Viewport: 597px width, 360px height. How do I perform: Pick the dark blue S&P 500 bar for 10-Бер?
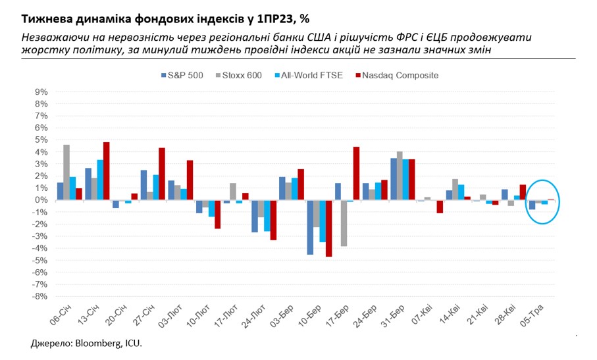[310, 227]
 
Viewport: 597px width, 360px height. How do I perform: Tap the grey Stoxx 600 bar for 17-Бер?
[344, 223]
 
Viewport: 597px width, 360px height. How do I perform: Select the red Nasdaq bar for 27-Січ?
[162, 174]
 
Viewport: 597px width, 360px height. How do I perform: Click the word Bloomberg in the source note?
[95, 344]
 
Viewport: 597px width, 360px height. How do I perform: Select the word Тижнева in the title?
[45, 18]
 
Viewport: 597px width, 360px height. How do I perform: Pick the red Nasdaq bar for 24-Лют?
[274, 220]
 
